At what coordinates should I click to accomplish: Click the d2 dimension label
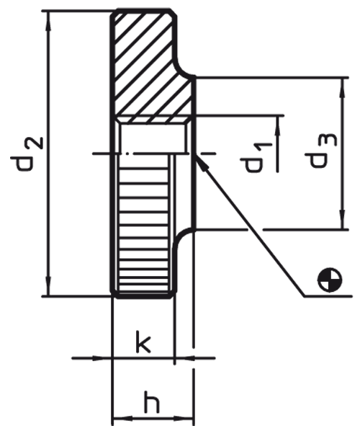(27, 154)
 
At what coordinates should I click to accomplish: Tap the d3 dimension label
(320, 151)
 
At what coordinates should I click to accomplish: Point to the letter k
(143, 342)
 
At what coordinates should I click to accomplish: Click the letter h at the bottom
(152, 404)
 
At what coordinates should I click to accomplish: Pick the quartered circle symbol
(330, 280)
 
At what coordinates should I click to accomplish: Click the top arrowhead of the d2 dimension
(49, 21)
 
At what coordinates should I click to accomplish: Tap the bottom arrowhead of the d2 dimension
(49, 286)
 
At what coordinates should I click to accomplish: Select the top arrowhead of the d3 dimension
(342, 87)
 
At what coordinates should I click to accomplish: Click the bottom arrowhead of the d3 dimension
(342, 219)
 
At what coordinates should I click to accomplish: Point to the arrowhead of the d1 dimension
(278, 126)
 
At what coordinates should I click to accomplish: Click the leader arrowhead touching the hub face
(201, 163)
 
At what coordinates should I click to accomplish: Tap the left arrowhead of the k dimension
(103, 358)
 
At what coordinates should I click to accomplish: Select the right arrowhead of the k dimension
(184, 358)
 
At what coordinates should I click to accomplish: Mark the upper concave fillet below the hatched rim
(184, 67)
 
